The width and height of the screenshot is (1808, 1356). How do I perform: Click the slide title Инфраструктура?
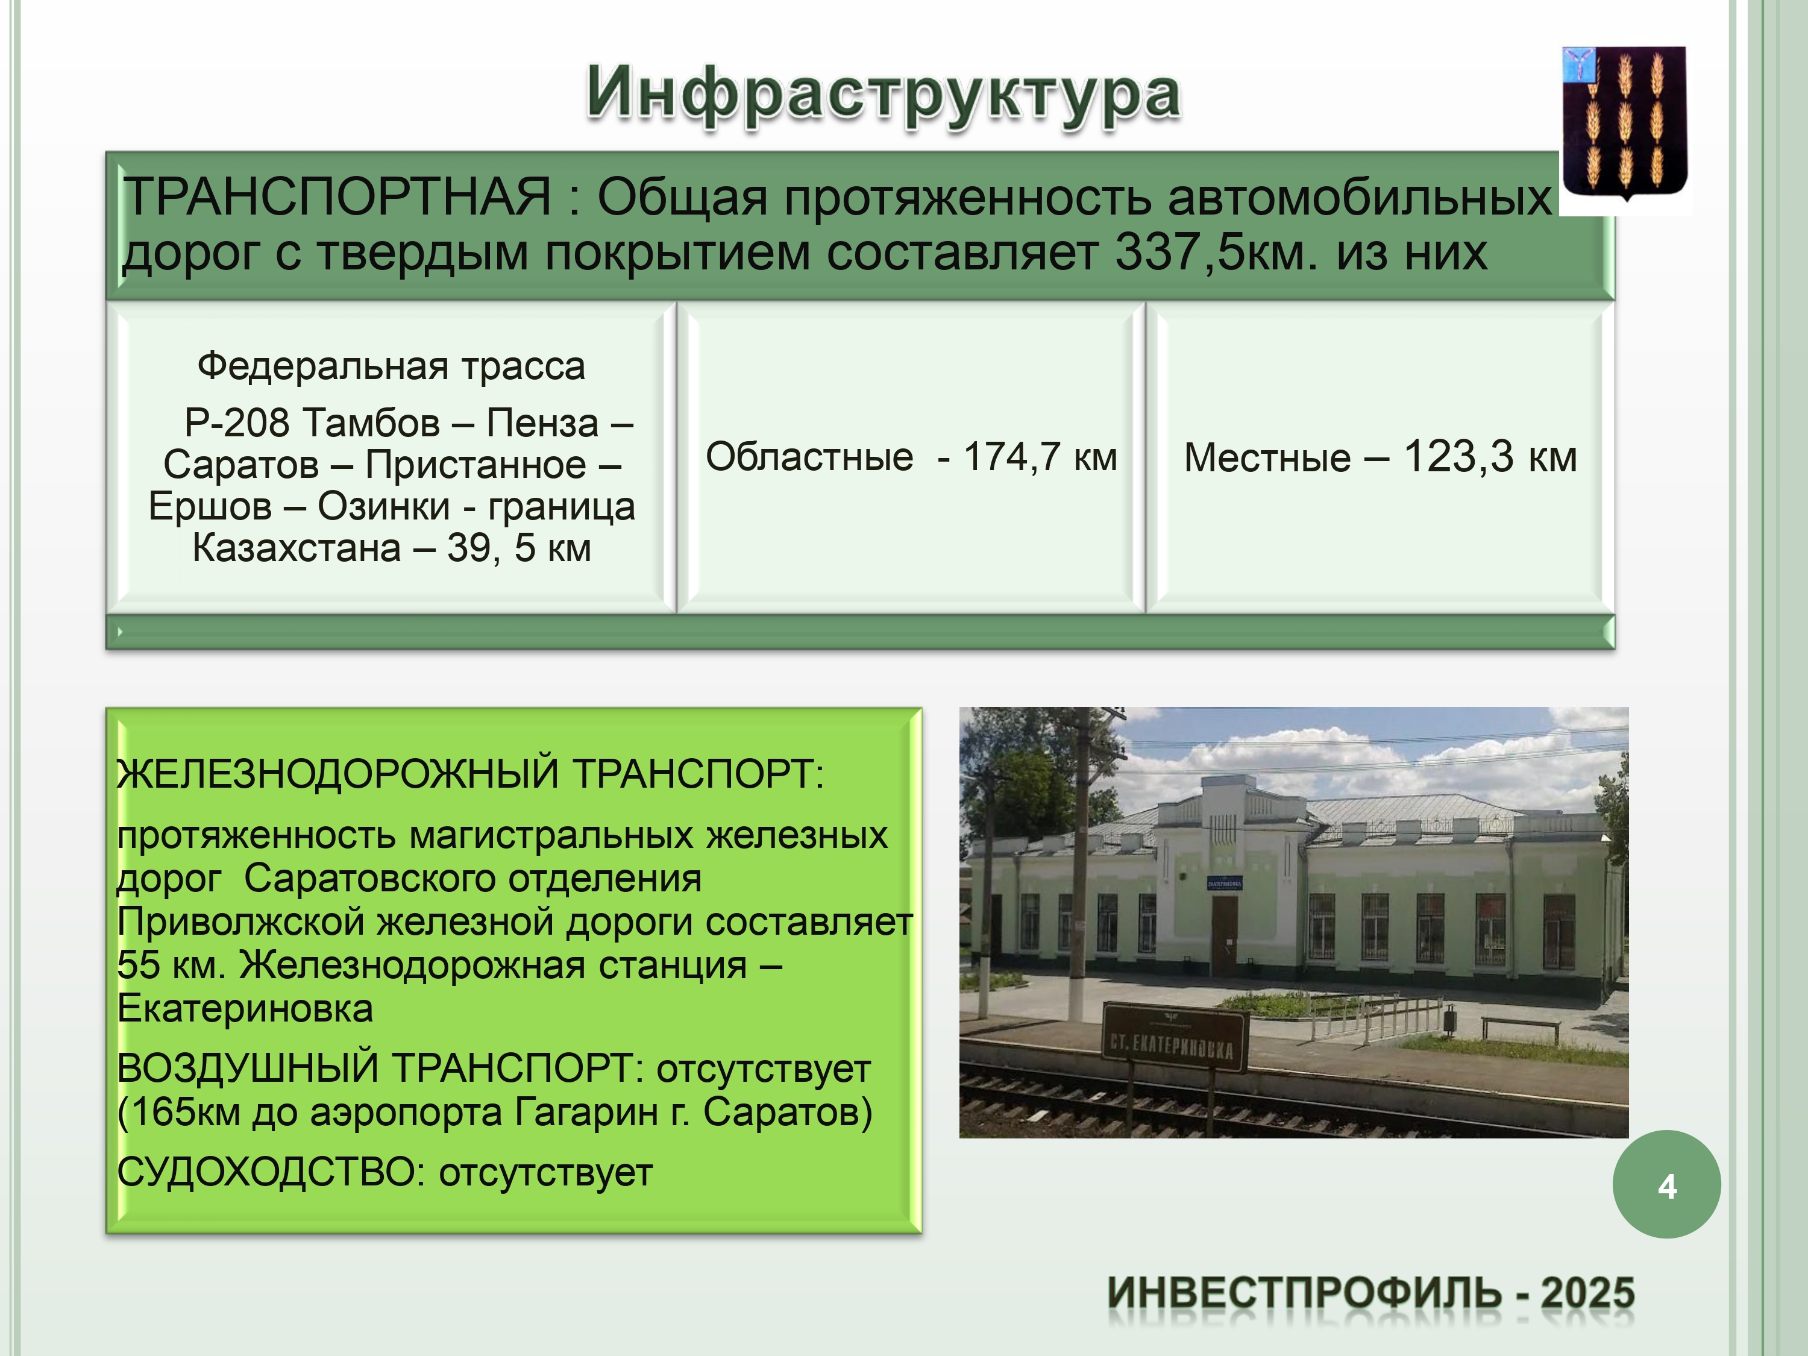(884, 96)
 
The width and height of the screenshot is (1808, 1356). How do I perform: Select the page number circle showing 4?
(1666, 1184)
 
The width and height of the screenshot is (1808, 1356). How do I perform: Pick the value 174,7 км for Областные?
(1040, 457)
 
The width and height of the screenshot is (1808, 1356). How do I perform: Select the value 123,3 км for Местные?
(1489, 456)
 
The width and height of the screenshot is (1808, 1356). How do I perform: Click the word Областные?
(809, 456)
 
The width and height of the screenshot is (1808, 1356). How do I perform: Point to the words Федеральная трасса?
(392, 366)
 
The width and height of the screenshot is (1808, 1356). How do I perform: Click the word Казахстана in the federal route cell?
(297, 548)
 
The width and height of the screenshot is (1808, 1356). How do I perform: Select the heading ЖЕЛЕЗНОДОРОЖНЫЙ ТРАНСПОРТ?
(471, 773)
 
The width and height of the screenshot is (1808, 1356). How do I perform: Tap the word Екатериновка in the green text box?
(245, 1009)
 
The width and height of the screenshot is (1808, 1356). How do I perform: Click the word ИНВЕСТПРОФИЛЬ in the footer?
(1305, 1294)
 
